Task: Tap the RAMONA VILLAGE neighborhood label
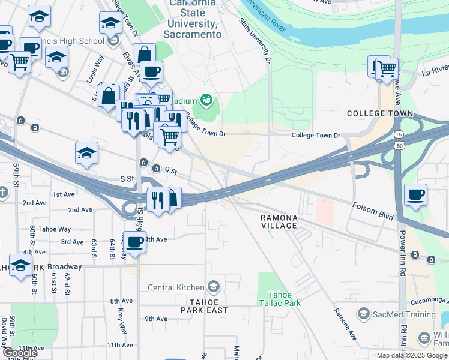[279, 221]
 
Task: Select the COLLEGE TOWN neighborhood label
[380, 113]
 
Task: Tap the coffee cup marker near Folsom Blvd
[415, 195]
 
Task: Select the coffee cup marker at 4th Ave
[135, 242]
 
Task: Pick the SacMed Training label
[403, 314]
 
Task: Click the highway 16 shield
[399, 135]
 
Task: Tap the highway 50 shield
[399, 145]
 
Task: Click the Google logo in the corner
[19, 353]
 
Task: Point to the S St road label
[127, 179]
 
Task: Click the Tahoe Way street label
[54, 229]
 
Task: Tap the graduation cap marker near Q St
[87, 153]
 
